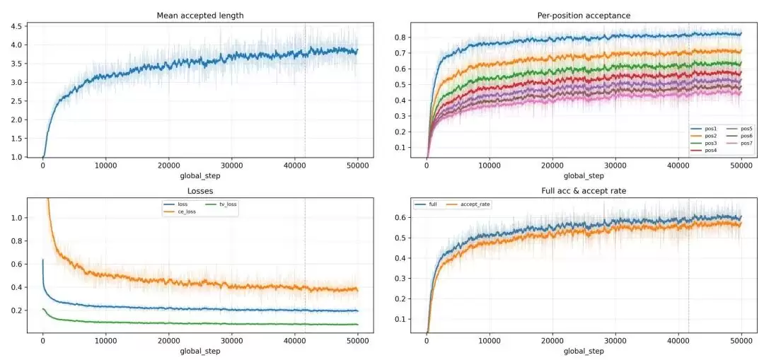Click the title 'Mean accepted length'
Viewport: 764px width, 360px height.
coord(200,16)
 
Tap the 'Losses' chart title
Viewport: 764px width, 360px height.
coord(200,192)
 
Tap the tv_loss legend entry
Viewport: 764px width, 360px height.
coord(221,204)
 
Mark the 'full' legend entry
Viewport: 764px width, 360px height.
coord(425,204)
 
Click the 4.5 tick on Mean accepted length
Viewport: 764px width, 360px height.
coord(16,26)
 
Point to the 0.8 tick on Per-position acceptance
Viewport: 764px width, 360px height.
coord(400,37)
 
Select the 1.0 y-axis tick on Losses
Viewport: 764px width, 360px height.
coord(16,218)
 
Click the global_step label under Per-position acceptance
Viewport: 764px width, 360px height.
coord(584,176)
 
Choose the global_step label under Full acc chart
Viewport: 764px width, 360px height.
coord(584,352)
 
